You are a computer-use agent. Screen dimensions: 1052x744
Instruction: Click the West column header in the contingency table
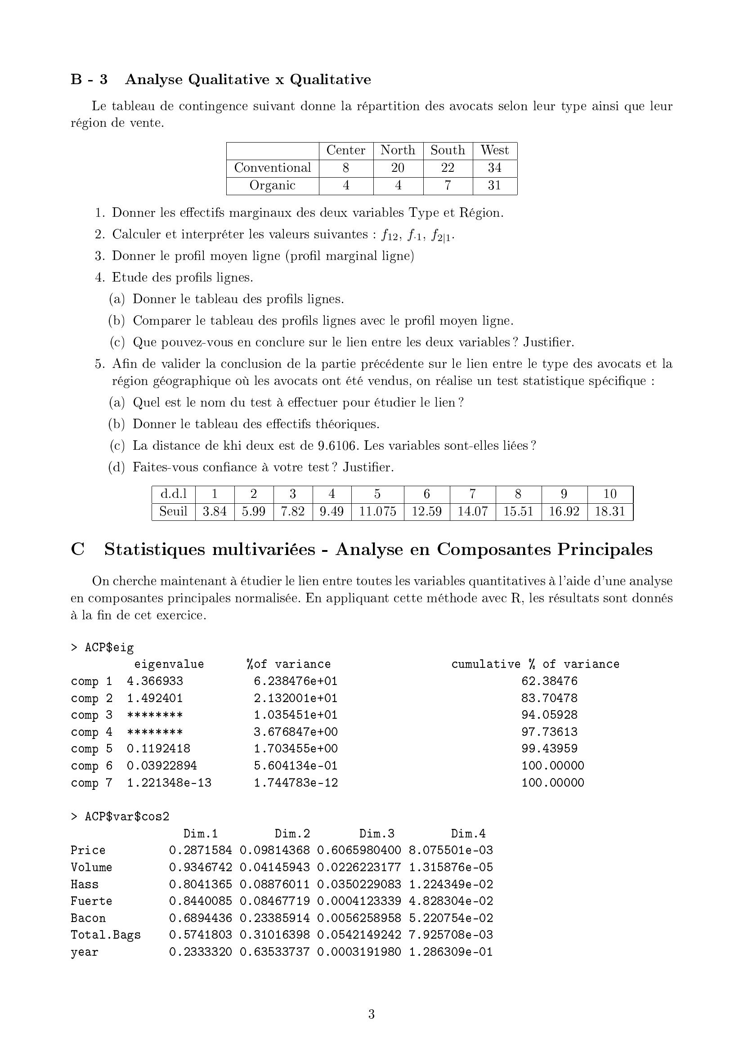[494, 150]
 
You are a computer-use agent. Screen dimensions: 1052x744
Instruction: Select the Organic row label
[272, 186]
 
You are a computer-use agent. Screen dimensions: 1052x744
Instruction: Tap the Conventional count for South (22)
[447, 168]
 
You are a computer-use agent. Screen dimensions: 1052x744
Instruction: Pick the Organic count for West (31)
[494, 186]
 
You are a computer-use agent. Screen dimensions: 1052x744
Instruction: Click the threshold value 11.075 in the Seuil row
[377, 511]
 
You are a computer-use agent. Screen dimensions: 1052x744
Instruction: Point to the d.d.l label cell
[174, 494]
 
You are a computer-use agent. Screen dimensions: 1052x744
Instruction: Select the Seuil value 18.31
[610, 511]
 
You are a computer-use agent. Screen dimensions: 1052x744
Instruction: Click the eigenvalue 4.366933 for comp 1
[155, 681]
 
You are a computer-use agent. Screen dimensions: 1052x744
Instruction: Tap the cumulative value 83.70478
[549, 698]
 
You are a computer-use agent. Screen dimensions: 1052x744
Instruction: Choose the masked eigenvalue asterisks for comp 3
[155, 715]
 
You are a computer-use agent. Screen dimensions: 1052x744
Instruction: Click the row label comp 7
[92, 783]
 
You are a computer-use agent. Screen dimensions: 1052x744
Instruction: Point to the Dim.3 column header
[376, 833]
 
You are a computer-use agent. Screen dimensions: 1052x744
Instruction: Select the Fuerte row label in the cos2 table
[91, 901]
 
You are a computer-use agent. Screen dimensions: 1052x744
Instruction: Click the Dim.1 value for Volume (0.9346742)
[200, 867]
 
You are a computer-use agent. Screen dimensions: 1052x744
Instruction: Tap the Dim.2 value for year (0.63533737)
[274, 952]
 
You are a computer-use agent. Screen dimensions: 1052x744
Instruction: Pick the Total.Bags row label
[105, 935]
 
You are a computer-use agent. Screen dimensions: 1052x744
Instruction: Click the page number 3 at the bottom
[372, 1014]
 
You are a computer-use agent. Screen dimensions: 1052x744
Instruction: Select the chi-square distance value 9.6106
[337, 446]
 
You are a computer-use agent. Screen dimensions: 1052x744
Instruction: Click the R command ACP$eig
[109, 647]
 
